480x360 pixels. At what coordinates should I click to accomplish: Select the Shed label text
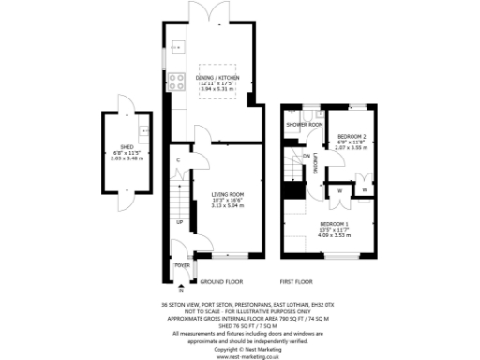click(124, 146)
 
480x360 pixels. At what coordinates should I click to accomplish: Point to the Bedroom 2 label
click(351, 137)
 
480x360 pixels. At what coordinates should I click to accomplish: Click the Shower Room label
click(305, 124)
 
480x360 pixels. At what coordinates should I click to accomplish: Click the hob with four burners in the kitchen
click(176, 81)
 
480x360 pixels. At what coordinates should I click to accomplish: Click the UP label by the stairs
click(180, 223)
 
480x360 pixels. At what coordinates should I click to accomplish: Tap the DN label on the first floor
click(307, 156)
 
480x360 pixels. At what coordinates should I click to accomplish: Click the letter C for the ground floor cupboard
click(177, 160)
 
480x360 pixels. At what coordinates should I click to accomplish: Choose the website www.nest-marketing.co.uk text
click(240, 356)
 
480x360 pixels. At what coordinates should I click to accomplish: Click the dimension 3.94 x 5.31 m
click(217, 89)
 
